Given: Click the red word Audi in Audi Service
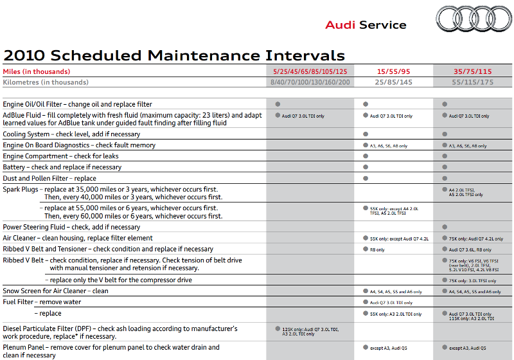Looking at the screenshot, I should (x=341, y=25).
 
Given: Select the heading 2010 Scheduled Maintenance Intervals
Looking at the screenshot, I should (x=174, y=55).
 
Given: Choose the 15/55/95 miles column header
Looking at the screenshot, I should (x=394, y=71).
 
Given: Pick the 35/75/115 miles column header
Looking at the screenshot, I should (x=472, y=71).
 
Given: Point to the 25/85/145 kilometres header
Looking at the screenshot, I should (x=394, y=82).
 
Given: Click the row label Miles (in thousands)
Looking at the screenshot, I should (x=37, y=71).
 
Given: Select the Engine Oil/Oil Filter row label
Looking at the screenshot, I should (x=78, y=104).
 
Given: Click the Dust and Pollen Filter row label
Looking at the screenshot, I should (x=49, y=178).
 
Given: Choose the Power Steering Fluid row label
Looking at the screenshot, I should (x=71, y=227).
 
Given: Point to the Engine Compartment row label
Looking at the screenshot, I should (x=61, y=156).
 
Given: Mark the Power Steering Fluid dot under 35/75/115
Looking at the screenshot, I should (x=444, y=227).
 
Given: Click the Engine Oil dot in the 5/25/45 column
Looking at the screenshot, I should (x=278, y=104).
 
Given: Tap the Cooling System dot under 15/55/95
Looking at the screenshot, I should (x=365, y=134).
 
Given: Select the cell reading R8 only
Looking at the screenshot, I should (x=377, y=249).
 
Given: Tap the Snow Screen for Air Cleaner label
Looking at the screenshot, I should (x=56, y=291).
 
